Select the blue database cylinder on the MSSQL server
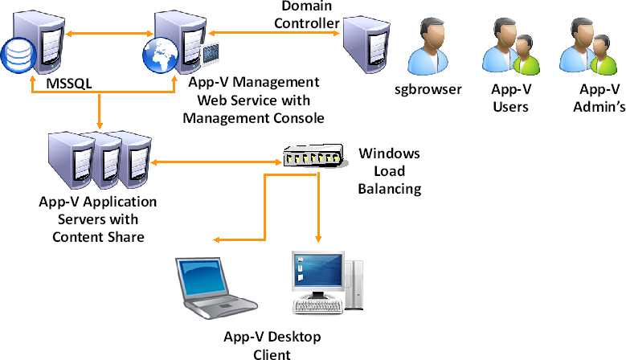(x=15, y=55)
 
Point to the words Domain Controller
(x=306, y=14)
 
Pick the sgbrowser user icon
(x=428, y=47)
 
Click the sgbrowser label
(x=428, y=89)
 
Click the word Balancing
(x=390, y=189)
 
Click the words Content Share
(x=97, y=236)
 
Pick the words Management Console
(x=253, y=117)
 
